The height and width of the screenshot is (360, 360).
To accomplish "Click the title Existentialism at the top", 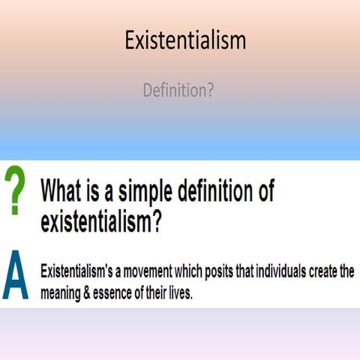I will click(185, 40).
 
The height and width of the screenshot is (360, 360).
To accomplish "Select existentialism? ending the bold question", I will click(100, 223).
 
